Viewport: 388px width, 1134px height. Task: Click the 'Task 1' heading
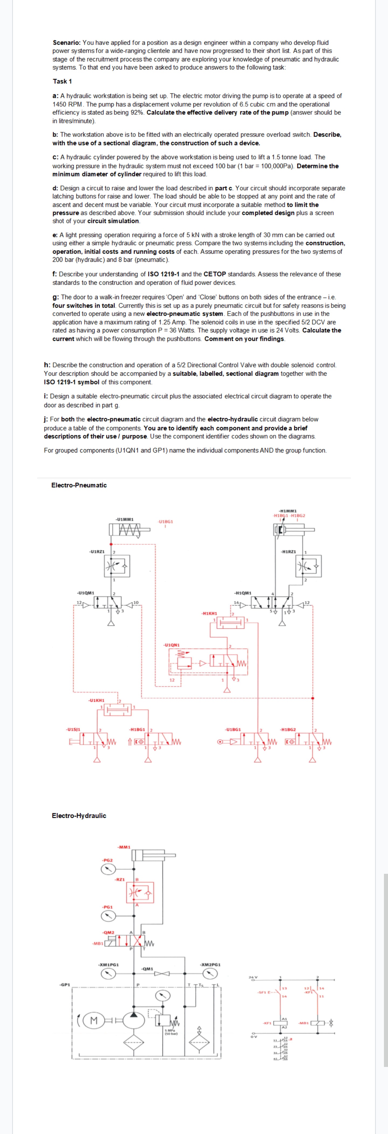pos(62,81)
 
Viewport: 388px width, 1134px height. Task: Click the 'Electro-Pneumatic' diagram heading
pos(79,485)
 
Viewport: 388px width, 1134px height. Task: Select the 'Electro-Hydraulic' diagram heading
pos(79,815)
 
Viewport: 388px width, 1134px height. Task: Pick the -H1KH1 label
pos(209,613)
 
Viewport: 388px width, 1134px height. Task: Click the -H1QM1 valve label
pos(243,593)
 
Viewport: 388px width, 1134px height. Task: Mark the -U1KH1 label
pos(96,700)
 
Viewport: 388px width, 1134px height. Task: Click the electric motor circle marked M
pos(93,1020)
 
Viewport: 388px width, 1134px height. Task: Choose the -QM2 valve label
pos(108,932)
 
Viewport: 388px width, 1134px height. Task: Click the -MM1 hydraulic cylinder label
pos(124,847)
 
